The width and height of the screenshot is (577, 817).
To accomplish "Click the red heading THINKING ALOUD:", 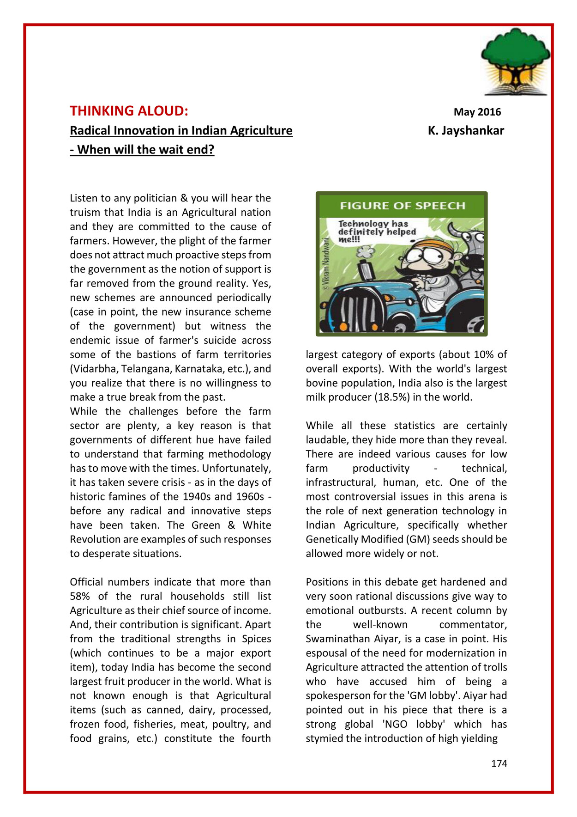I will coord(129,111).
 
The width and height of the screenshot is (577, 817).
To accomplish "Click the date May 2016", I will coord(477,112).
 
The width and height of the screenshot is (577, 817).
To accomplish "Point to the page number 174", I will coord(499,763).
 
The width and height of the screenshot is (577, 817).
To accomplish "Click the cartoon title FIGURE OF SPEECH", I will coord(402,206).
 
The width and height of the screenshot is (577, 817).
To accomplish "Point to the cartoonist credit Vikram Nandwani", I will coord(325,263).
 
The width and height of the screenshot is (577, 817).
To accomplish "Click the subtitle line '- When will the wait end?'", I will coord(142,150).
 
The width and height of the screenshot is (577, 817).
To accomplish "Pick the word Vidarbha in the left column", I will coord(95,369).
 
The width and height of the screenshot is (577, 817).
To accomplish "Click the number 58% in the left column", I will coord(79,596).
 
